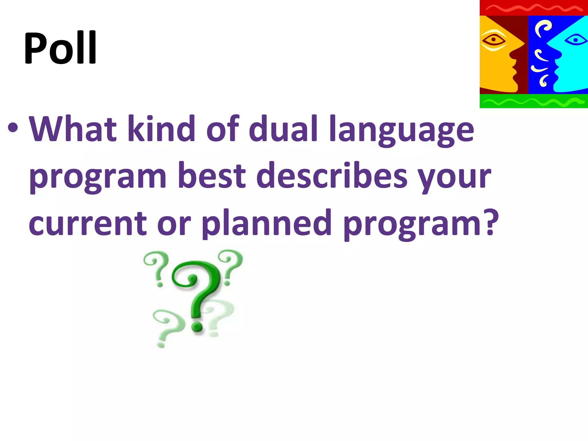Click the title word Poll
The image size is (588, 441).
coord(60,48)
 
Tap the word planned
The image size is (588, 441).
coord(267,223)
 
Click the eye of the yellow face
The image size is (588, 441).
coord(494,40)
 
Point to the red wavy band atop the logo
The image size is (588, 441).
coord(533,8)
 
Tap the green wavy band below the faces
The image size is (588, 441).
coord(533,101)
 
